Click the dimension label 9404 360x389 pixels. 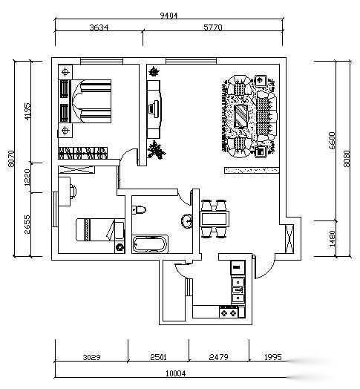168,16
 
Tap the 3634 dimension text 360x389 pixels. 99,27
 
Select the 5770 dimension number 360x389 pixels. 213,27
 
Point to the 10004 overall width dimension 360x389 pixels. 176,373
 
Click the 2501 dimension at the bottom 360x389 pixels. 159,357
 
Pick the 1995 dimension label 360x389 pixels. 273,357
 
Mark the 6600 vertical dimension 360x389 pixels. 332,140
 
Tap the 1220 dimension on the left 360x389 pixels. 27,177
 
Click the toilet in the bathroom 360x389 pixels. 139,209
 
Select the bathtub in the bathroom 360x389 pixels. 150,244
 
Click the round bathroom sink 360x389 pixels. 186,220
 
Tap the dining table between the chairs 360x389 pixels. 215,219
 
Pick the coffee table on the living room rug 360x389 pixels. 241,117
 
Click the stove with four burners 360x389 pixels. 229,313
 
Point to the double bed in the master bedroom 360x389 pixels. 85,101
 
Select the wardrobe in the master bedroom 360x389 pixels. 83,153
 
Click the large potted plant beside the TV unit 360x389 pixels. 157,150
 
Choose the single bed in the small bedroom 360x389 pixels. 99,229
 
